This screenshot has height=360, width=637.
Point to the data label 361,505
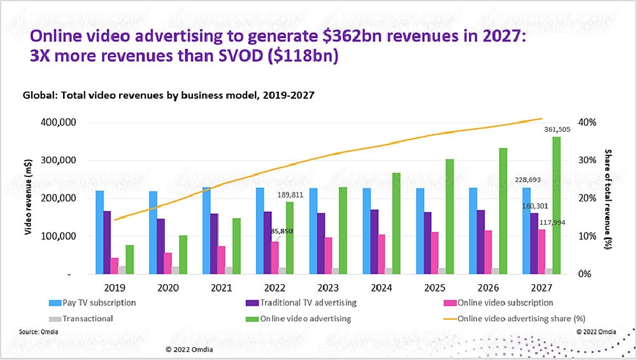(557, 129)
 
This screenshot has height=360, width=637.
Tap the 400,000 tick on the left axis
(61, 122)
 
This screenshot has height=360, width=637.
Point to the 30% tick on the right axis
(587, 160)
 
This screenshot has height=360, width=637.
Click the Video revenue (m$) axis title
(28, 198)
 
